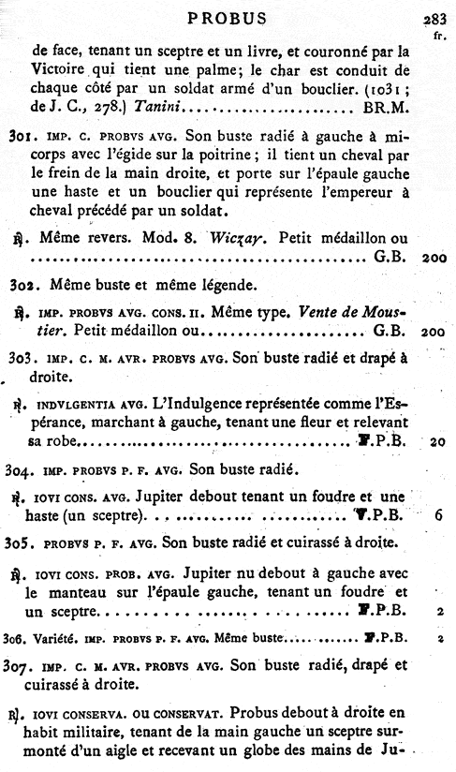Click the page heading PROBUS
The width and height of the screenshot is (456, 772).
coord(228,17)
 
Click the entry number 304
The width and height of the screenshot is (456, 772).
coord(17,466)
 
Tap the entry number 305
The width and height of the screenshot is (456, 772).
coord(16,542)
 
